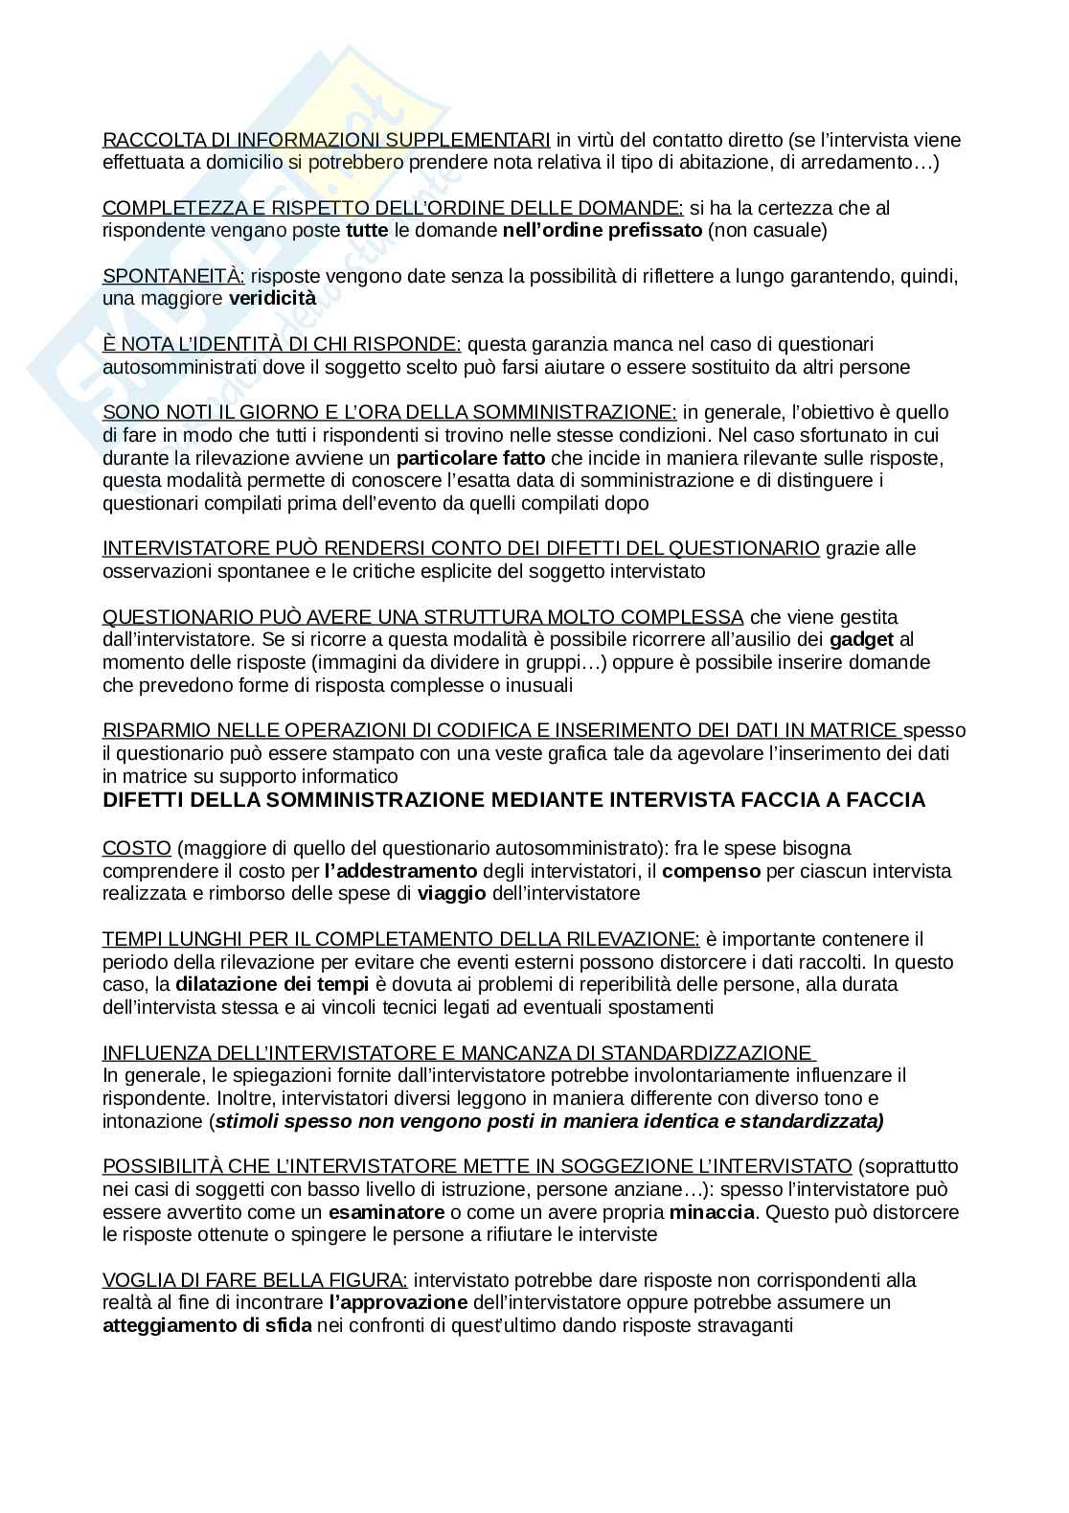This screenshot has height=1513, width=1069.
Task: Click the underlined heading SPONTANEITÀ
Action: pyautogui.click(x=173, y=276)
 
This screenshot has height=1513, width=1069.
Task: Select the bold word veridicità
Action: pyautogui.click(x=272, y=299)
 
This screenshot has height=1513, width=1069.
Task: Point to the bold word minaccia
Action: pyautogui.click(x=713, y=1212)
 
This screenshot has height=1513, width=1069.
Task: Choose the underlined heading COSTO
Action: pyautogui.click(x=137, y=848)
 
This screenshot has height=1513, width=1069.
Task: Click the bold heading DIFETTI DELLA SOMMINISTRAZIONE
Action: pyautogui.click(x=513, y=800)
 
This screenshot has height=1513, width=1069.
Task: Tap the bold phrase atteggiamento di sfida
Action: pyautogui.click(x=207, y=1326)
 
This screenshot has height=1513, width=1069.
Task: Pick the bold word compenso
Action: pyautogui.click(x=712, y=871)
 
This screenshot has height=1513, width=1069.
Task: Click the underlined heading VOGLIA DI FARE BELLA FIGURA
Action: pyautogui.click(x=255, y=1280)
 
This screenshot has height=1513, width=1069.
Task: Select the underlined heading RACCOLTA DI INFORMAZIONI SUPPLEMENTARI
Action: pyautogui.click(x=326, y=140)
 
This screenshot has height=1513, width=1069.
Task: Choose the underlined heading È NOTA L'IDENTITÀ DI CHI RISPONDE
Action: pyautogui.click(x=282, y=344)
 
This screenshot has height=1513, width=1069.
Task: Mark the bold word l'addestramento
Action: pyautogui.click(x=400, y=871)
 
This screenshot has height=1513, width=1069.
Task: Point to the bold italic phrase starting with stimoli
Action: pyautogui.click(x=548, y=1121)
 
